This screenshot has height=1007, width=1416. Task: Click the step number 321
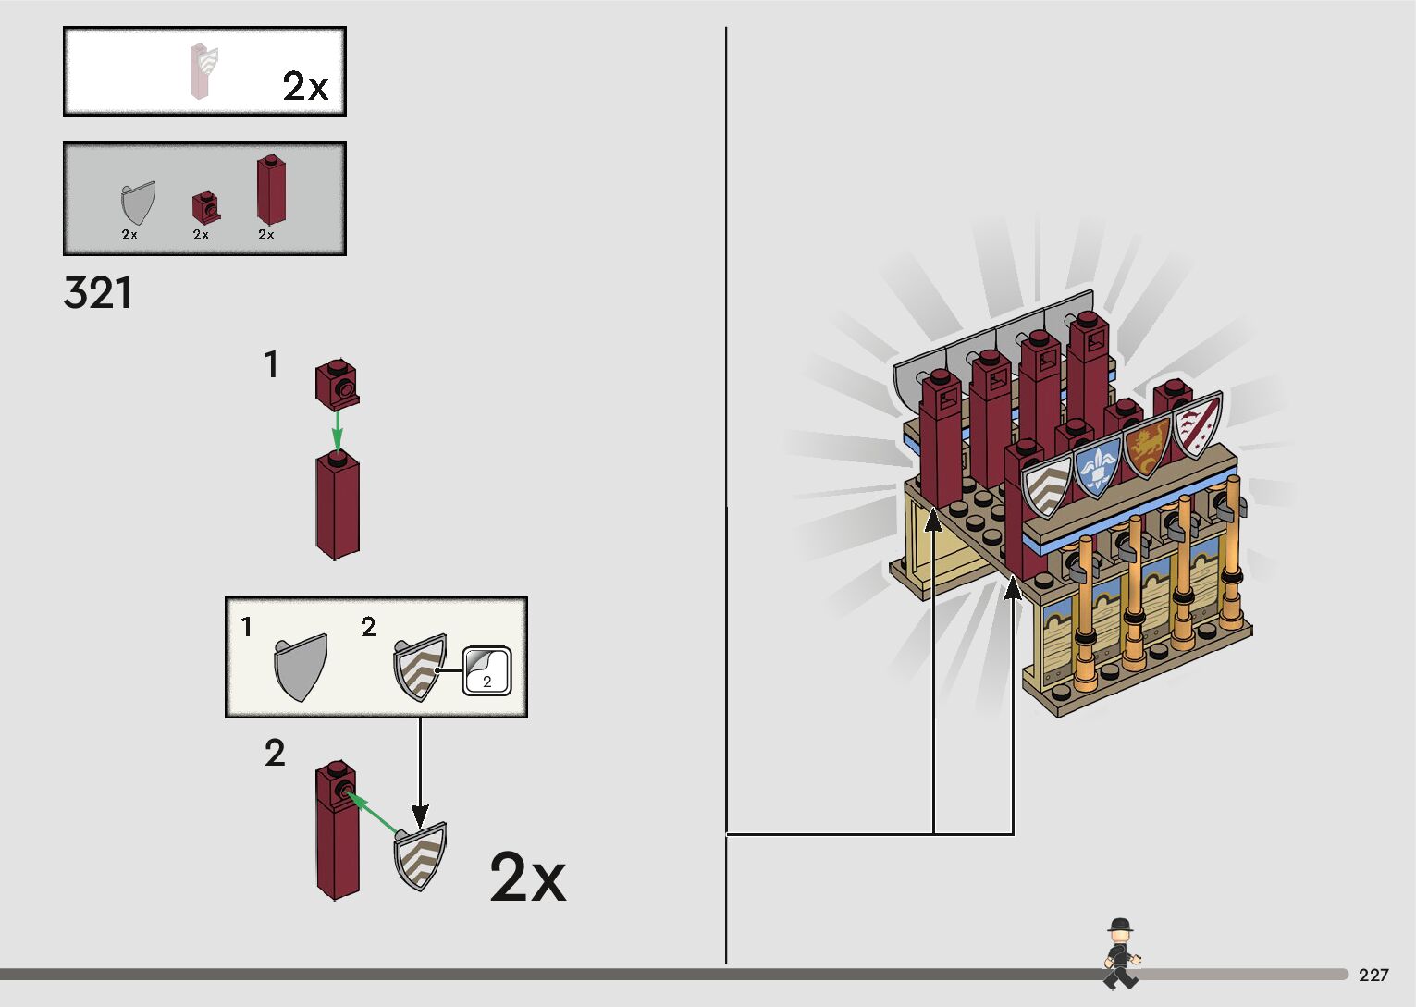[x=98, y=293]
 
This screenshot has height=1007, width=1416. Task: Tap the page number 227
[x=1373, y=975]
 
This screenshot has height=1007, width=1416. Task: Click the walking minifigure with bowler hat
[x=1120, y=953]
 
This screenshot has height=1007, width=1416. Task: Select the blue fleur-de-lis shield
[x=1098, y=465]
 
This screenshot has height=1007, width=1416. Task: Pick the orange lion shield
[x=1147, y=446]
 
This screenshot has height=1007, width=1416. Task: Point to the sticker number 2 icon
[x=486, y=669]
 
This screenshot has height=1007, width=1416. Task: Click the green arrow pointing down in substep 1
[x=338, y=429]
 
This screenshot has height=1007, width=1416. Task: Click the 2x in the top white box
[x=305, y=86]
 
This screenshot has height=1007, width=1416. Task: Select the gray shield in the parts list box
[x=137, y=203]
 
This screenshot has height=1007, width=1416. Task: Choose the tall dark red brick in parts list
[x=270, y=190]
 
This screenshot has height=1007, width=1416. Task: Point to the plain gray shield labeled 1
[x=301, y=666]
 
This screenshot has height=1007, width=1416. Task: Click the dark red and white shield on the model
[x=1198, y=424]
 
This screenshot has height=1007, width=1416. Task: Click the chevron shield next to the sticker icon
[x=421, y=666]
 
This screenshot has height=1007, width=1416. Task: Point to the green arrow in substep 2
[x=375, y=813]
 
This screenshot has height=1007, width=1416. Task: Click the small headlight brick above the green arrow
[x=337, y=382]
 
